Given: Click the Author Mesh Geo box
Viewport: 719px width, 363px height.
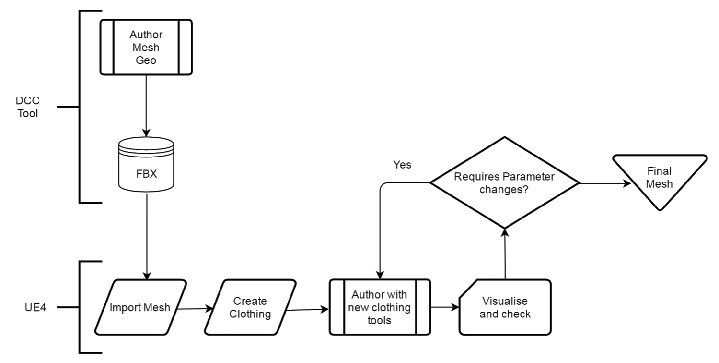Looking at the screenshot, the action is pos(146,47).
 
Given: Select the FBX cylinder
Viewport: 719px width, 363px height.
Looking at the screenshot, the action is pos(146,165).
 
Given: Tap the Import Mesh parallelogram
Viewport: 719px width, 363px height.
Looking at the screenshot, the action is pos(140,307).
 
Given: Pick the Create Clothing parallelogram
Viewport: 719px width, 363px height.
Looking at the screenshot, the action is pos(250,307).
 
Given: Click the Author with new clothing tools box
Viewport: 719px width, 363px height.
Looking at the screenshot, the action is pos(380,307).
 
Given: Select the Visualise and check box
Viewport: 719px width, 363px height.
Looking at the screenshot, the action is pos(505,307).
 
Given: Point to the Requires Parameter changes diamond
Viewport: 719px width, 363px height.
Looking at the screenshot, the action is pos(505,183).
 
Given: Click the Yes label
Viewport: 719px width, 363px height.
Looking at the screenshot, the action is pos(402,165).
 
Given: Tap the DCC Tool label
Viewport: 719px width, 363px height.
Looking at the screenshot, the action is pos(28,107).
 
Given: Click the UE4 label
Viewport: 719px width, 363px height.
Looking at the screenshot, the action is pos(35,308).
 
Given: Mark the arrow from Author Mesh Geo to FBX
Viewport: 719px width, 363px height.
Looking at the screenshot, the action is pos(146,106).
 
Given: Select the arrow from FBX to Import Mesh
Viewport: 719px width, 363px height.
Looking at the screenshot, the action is pos(147,236).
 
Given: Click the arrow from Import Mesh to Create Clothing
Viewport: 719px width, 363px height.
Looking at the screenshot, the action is pos(195,309).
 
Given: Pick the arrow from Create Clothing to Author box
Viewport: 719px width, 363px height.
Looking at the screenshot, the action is pos(308,310).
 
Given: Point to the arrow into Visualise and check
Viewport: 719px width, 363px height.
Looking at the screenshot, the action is pos(445,307).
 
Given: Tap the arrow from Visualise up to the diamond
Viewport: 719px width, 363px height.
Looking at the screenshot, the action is pos(505,254).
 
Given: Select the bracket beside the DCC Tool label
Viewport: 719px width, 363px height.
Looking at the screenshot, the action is pos(79,107).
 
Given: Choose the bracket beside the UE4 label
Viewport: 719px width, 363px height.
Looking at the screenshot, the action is pos(79,307).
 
